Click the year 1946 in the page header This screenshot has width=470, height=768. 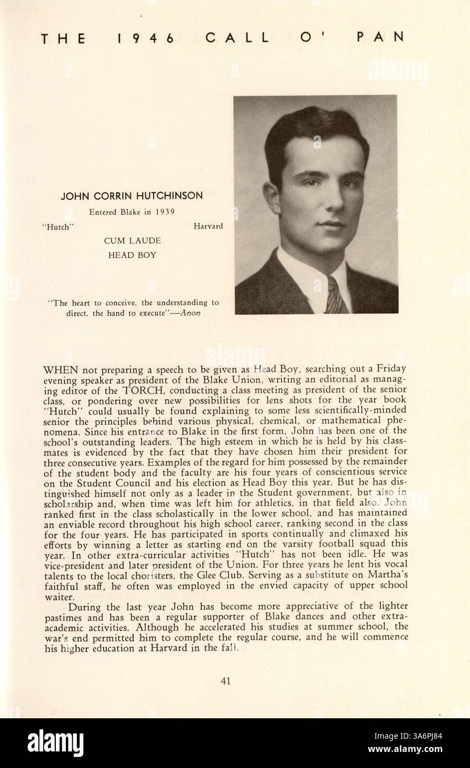[x=146, y=38]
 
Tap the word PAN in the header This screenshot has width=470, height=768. [x=381, y=37]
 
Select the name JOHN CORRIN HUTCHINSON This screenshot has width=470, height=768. [x=131, y=196]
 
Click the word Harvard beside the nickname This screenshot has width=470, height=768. [x=208, y=226]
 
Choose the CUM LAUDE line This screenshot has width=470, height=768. [x=132, y=241]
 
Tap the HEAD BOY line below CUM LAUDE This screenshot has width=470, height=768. [x=132, y=255]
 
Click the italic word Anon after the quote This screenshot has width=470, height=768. [x=191, y=313]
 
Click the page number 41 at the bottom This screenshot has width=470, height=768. [x=225, y=681]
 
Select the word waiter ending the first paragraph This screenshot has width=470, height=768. [x=56, y=597]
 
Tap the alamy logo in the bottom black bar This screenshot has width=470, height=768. [x=55, y=743]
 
